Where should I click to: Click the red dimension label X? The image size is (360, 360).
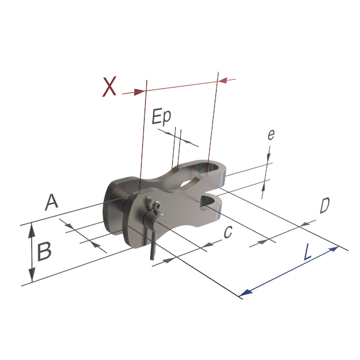click(x=109, y=87)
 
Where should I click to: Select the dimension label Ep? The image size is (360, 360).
click(x=161, y=116)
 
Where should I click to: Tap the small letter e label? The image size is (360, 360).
click(x=271, y=135)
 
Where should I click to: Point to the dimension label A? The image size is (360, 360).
click(x=52, y=202)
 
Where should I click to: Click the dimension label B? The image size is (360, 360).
click(x=44, y=251)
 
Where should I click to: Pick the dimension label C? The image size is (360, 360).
click(x=228, y=232)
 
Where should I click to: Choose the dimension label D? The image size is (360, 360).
click(x=325, y=205)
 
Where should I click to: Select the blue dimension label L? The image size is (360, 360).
click(x=308, y=252)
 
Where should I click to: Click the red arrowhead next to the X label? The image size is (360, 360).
click(x=139, y=92)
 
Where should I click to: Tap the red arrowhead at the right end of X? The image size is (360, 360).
click(x=223, y=80)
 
